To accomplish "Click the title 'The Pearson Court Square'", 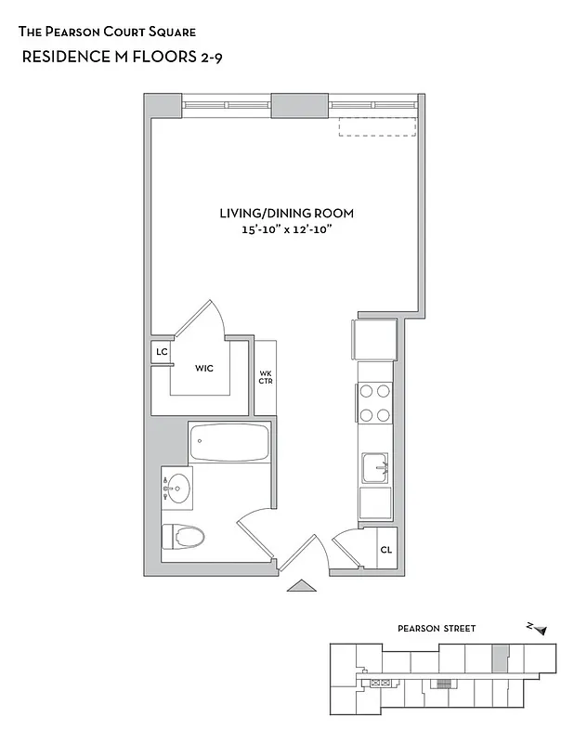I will (107, 31).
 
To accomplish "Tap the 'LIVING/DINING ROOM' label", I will (286, 213).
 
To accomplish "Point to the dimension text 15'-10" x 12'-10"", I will (286, 229).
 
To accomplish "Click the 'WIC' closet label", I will (204, 369).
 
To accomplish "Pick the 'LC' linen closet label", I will (162, 352).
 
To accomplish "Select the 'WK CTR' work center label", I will (265, 377).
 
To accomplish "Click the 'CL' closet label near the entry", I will (385, 550).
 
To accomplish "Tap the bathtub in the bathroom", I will (228, 444).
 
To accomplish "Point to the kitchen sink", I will (376, 467).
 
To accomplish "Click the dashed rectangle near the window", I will (376, 126).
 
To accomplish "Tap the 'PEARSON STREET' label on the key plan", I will (437, 629).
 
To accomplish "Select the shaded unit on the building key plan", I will (501, 658).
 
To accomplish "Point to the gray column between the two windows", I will (299, 104).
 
